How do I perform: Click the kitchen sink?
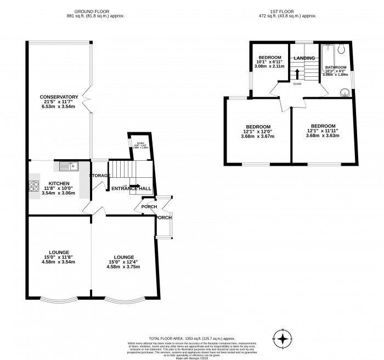67,165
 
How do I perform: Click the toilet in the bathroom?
341,49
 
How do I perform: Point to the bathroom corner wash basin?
345,92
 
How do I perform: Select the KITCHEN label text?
59,183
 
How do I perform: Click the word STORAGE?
100,176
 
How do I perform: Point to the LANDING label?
304,58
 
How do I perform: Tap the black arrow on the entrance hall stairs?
134,186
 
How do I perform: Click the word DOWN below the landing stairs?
297,84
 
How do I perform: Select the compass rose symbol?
283,338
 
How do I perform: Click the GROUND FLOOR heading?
100,12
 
